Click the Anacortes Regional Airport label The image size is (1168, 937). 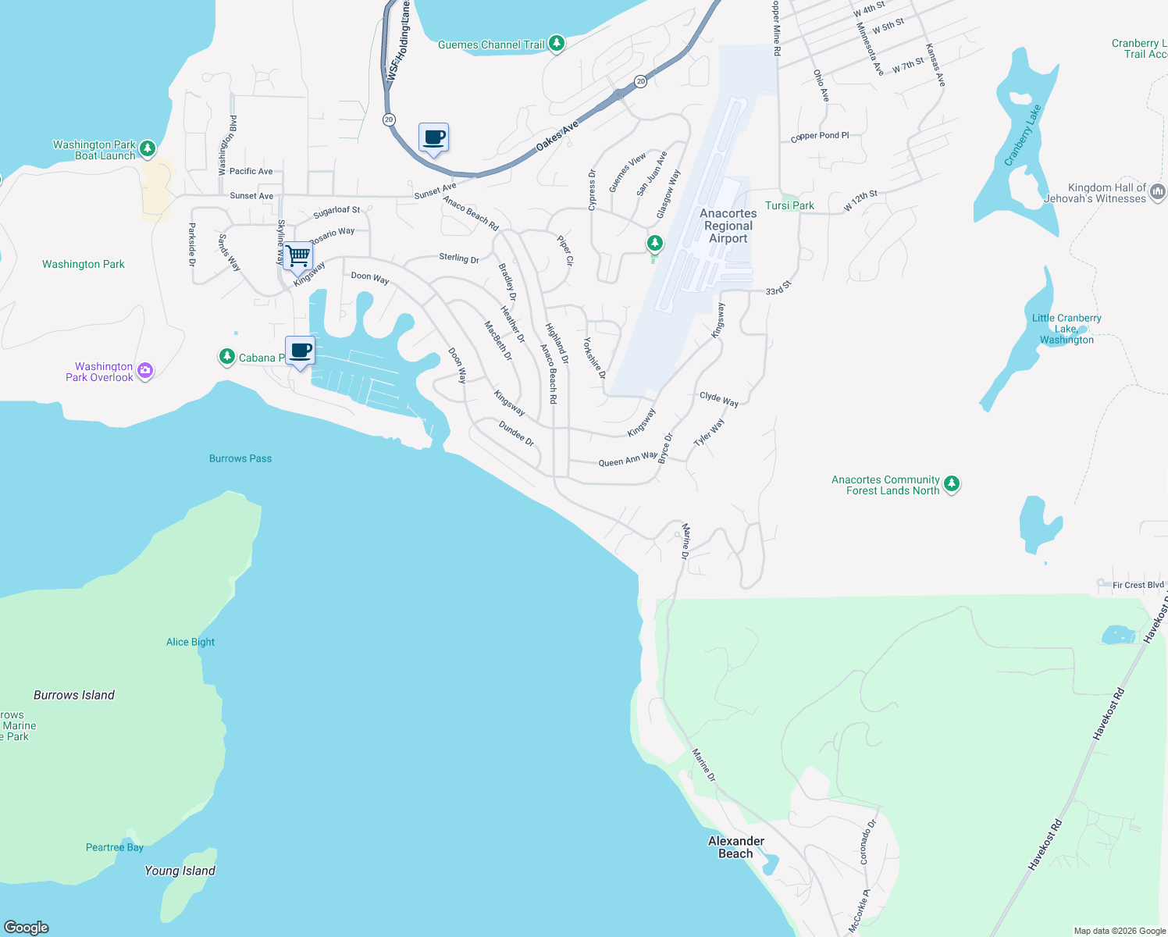(728, 226)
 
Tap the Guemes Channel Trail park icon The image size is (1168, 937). (556, 44)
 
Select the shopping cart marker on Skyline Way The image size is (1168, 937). (298, 255)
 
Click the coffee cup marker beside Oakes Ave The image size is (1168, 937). (434, 138)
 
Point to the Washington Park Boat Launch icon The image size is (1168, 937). (148, 148)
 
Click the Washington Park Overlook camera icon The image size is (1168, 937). (145, 371)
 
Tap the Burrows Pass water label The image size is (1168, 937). (240, 458)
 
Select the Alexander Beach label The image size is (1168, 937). (735, 847)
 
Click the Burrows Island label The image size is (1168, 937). (74, 695)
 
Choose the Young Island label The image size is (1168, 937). (180, 871)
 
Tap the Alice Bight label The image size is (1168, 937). (191, 642)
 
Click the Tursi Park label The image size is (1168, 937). (789, 205)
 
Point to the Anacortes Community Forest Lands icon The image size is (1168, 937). (951, 484)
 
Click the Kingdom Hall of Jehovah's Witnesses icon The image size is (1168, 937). (1158, 191)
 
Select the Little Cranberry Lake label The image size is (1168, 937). (1067, 329)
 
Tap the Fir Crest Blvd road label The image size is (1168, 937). (1138, 585)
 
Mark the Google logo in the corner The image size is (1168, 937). (27, 927)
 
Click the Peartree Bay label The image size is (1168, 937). (115, 847)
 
